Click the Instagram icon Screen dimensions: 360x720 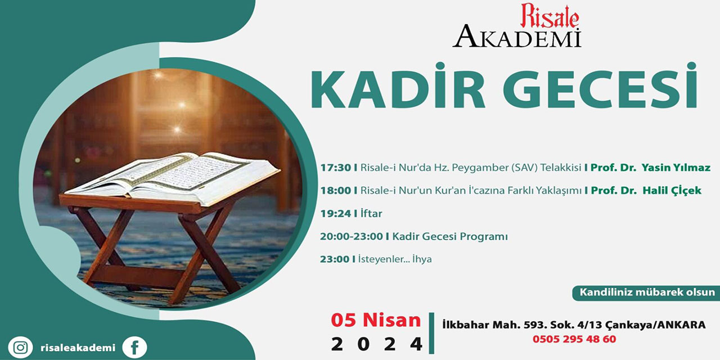pos(20,348)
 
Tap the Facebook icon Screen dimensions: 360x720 pos(134,348)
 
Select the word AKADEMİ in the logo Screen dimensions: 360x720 pos(517,37)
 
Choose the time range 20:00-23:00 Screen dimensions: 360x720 pos(352,237)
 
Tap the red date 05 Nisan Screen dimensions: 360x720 pos(376,320)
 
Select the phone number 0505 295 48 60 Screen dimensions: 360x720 pos(574,339)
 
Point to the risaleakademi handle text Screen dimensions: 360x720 pos(78,348)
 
